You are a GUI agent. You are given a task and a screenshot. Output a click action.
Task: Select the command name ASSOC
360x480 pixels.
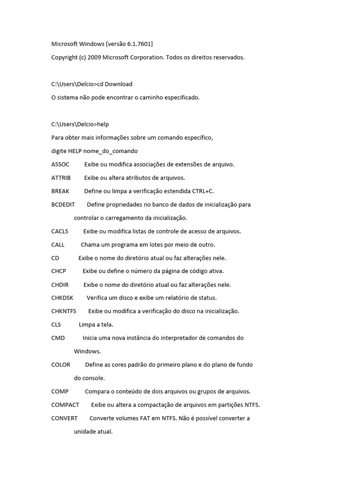(60, 165)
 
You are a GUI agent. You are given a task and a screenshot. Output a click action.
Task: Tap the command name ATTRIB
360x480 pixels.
(61, 178)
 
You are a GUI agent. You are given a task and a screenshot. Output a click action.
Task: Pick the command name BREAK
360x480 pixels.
(60, 191)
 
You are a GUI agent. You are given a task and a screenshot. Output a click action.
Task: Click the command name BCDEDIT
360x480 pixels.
(63, 204)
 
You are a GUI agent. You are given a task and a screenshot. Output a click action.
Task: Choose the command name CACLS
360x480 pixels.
(60, 231)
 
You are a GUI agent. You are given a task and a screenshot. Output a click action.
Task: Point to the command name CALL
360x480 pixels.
(58, 245)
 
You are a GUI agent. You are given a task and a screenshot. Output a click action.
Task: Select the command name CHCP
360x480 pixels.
(59, 271)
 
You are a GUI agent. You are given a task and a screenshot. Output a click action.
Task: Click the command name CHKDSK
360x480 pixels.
(62, 298)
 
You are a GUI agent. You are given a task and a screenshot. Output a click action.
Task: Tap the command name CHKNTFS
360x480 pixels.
(64, 311)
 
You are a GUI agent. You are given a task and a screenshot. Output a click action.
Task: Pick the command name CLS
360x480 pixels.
(56, 324)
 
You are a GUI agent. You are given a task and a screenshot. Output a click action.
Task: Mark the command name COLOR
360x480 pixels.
(61, 365)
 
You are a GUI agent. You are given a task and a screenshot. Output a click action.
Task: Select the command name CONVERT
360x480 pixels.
(65, 418)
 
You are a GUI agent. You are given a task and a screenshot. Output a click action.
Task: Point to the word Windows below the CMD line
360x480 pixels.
(87, 351)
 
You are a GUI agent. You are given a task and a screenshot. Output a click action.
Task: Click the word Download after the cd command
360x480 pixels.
(119, 84)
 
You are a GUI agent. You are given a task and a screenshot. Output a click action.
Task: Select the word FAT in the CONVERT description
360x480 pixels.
(144, 418)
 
